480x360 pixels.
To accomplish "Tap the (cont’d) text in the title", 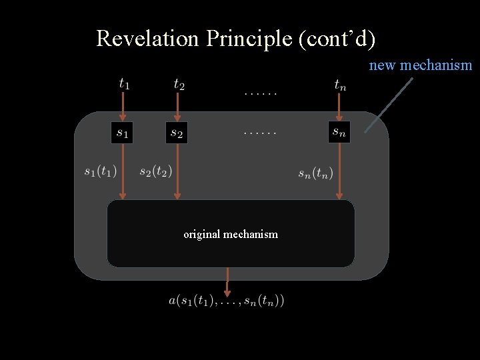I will (x=337, y=39).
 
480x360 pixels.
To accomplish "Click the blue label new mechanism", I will (x=421, y=65).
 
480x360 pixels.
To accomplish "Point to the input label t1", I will (x=124, y=83).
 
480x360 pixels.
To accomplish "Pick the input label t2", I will (x=179, y=83).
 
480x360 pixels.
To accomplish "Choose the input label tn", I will (x=340, y=84).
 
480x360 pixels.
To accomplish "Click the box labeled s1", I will (x=122, y=132).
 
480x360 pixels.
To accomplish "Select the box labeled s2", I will (x=177, y=132).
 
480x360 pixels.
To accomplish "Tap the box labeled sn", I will (x=339, y=131).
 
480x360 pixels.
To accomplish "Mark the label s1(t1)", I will (x=101, y=171).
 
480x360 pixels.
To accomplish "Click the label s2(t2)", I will (x=155, y=171).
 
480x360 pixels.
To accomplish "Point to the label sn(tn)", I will (x=315, y=174).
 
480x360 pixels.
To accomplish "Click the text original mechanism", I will (x=231, y=234).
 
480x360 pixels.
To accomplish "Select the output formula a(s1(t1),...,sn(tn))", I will (x=227, y=301).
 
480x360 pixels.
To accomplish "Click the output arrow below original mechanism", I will (x=228, y=281).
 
